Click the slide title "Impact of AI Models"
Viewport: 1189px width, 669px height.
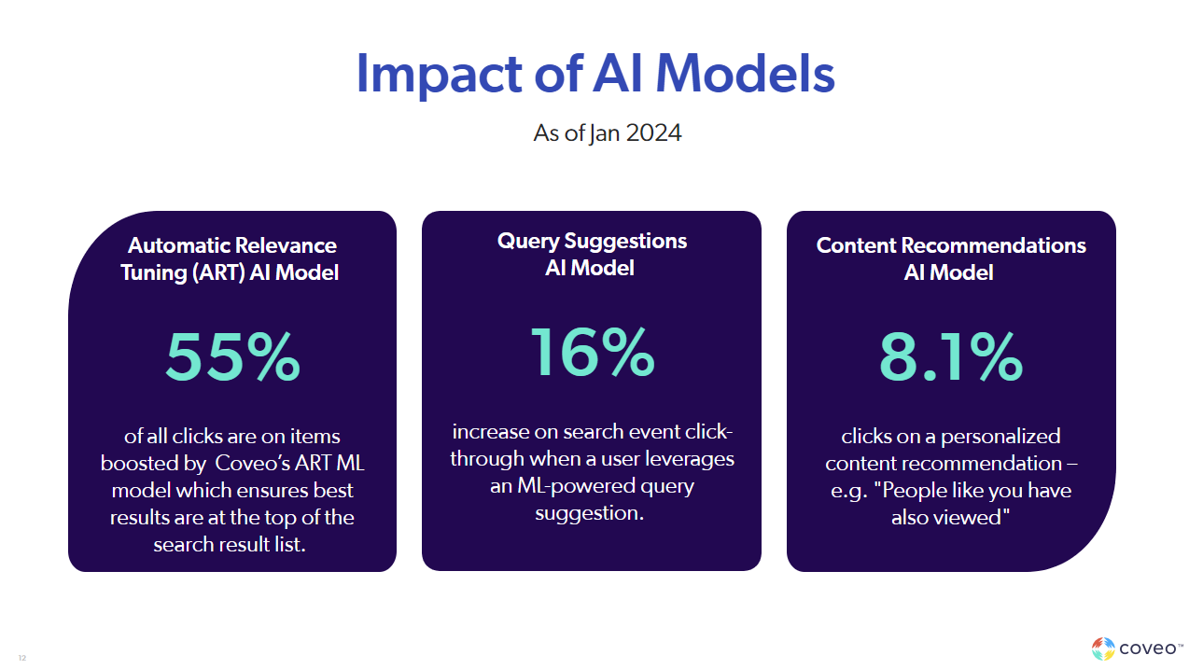(x=594, y=75)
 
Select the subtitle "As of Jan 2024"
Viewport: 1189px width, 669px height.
(x=607, y=133)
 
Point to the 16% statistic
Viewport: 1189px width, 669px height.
(x=592, y=353)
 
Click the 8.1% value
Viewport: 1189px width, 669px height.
(x=950, y=358)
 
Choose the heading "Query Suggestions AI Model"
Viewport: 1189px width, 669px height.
(x=592, y=254)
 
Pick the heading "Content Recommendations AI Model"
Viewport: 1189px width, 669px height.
(x=950, y=258)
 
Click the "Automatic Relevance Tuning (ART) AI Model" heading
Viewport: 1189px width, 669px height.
(x=232, y=258)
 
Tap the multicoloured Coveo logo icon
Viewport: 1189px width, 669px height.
(x=1103, y=648)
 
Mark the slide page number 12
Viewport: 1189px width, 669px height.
(x=22, y=659)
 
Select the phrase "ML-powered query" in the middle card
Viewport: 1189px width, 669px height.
(x=592, y=486)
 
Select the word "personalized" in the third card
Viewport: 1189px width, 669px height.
(x=1000, y=436)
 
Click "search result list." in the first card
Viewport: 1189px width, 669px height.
(x=230, y=544)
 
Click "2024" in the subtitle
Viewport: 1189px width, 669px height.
(x=653, y=133)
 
